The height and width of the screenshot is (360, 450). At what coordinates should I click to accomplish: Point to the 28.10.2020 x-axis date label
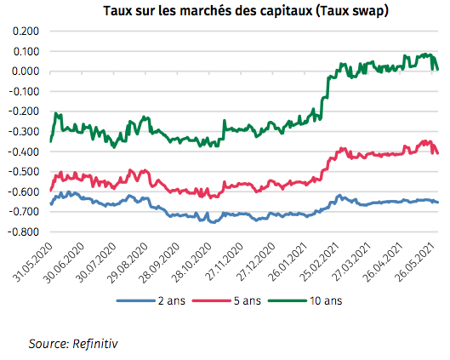(190, 260)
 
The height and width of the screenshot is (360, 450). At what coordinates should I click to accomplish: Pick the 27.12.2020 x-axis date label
(253, 260)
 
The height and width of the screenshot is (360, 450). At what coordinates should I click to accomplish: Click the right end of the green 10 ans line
(437, 69)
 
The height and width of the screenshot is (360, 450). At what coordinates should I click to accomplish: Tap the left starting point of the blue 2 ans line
(51, 204)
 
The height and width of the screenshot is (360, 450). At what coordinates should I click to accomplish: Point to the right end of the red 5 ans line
(437, 153)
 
